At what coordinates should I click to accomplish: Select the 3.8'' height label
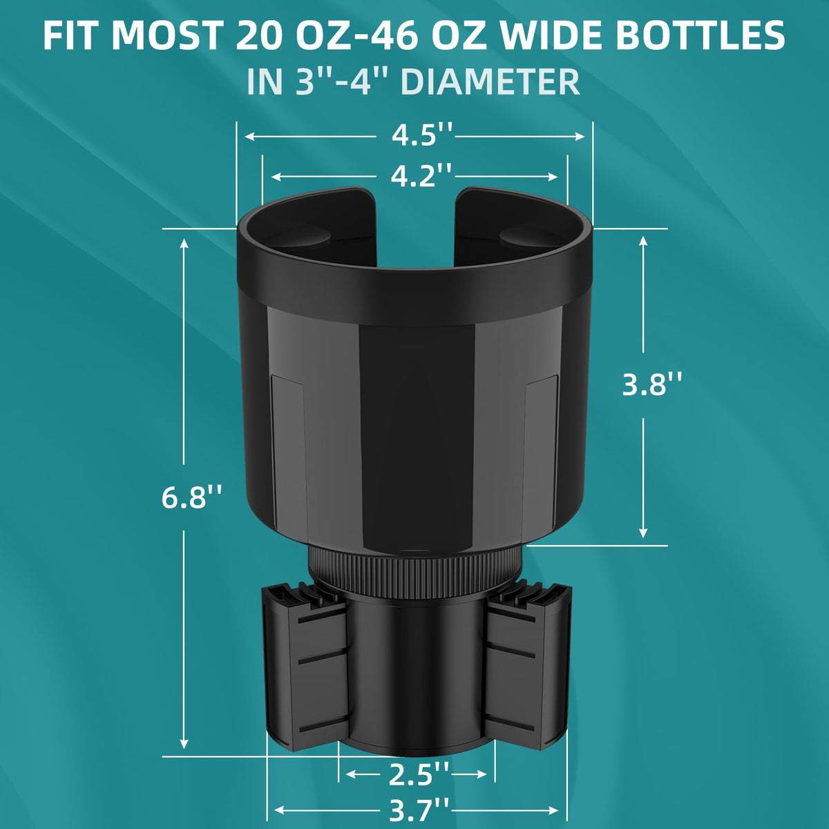click(652, 384)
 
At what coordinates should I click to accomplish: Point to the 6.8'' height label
click(192, 497)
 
